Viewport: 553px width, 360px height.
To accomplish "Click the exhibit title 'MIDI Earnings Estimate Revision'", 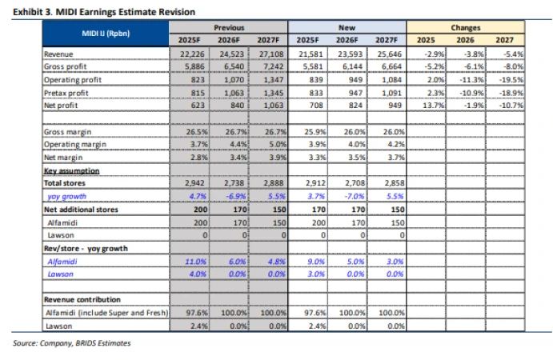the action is coord(125,12).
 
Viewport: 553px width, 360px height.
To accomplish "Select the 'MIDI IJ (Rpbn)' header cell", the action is coord(106,34).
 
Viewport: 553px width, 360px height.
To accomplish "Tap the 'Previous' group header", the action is coord(229,27).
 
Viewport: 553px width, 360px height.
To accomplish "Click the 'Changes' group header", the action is coord(466,27).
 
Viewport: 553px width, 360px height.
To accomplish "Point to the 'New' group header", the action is coord(347,27).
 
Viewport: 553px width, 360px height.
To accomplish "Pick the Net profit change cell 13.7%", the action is coord(434,105).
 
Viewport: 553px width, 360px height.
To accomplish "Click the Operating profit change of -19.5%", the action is coord(511,80).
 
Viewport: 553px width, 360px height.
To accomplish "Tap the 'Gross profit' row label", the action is coord(66,66).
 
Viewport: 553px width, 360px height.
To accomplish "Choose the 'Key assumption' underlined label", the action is coord(71,171).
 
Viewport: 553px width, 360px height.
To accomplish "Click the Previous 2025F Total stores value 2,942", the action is coord(196,183).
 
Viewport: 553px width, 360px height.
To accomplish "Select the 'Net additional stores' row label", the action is coord(81,210).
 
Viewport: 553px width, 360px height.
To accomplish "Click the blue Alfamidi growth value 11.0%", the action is coord(196,262).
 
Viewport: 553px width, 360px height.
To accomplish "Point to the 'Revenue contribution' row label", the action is coord(82,300).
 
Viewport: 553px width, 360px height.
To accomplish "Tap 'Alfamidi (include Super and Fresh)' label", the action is coord(107,313).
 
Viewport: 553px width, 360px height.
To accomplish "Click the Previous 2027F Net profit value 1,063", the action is coord(274,105).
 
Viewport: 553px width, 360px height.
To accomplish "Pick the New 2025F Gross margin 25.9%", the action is coord(315,131).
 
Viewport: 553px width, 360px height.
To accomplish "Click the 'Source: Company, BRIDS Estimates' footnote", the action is coord(71,343).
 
